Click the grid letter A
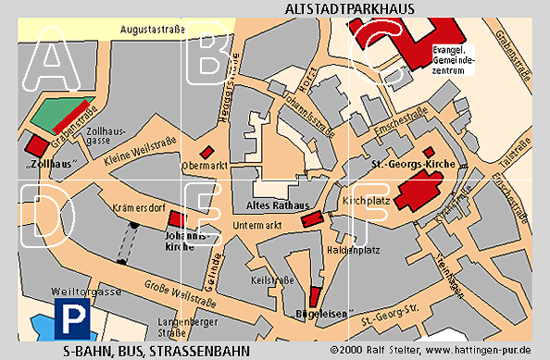54,58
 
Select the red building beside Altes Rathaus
312,217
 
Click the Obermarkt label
205,168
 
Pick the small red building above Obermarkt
207,152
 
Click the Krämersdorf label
136,209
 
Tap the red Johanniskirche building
176,220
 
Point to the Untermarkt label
257,225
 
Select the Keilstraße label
271,279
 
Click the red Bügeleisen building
314,297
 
